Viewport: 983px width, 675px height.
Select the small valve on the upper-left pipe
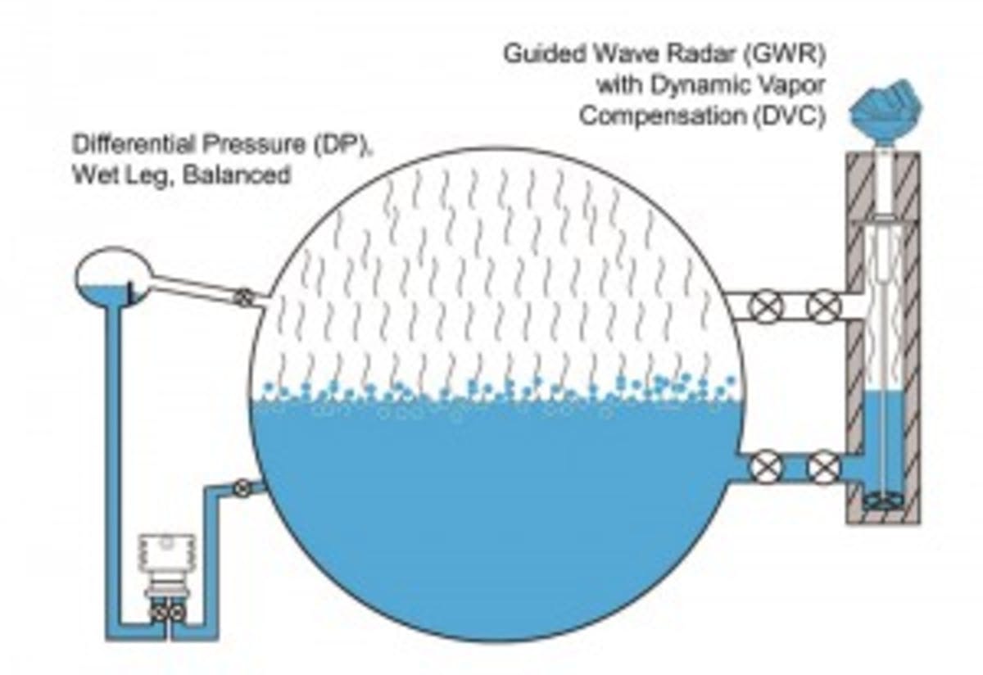tap(242, 297)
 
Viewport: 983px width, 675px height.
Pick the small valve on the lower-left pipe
tap(242, 487)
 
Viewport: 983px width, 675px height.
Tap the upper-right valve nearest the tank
tap(768, 306)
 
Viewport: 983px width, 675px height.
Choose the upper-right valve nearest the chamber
tap(822, 306)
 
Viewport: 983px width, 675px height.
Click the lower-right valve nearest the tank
tap(768, 467)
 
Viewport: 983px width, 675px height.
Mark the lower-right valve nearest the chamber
tap(822, 467)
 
